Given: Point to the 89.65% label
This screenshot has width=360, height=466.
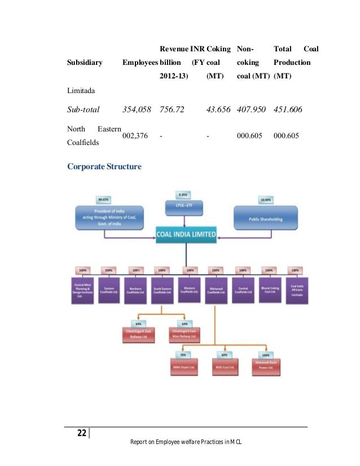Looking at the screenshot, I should (x=103, y=200).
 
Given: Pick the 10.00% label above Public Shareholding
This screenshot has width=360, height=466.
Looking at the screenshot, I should (x=265, y=200).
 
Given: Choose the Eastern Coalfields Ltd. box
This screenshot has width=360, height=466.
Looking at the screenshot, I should (x=109, y=291).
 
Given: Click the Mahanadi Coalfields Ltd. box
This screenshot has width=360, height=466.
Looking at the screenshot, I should (x=217, y=291).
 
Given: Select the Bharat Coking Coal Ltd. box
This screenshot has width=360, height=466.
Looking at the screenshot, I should (x=270, y=291).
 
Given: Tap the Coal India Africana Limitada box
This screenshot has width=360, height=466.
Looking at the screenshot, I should (x=297, y=291).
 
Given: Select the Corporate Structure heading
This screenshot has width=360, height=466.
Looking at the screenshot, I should (x=104, y=167).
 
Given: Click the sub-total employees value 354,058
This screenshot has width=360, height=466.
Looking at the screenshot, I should (x=137, y=109).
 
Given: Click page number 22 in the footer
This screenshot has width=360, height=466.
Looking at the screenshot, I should (x=82, y=433).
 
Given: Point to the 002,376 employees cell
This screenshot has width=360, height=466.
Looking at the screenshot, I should (x=135, y=136).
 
